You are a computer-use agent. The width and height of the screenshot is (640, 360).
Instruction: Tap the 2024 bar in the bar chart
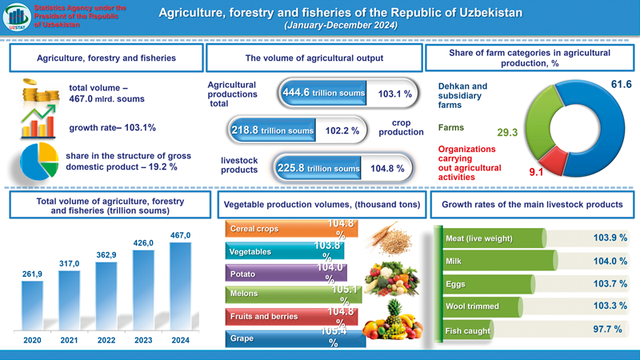181,284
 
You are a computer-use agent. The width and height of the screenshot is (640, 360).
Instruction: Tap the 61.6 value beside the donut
622,84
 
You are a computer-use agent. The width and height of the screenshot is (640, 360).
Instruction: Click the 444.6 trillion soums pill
322,94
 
